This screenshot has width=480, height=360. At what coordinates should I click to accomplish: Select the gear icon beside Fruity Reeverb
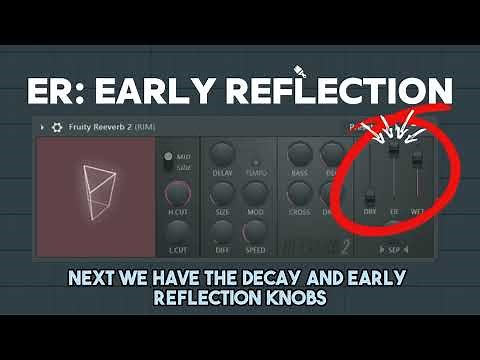[x=57, y=128]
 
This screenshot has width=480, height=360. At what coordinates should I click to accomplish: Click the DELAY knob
[x=224, y=153]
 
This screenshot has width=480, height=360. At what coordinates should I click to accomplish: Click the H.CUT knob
[x=178, y=194]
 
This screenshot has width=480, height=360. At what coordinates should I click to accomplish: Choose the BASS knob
[x=298, y=153]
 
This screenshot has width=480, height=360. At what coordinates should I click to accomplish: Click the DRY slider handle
[x=369, y=197]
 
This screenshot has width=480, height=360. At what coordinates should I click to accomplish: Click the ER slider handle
[x=394, y=147]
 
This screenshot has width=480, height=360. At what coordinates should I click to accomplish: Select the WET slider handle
[x=417, y=158]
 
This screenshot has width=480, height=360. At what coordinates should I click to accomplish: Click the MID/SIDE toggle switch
[x=168, y=160]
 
